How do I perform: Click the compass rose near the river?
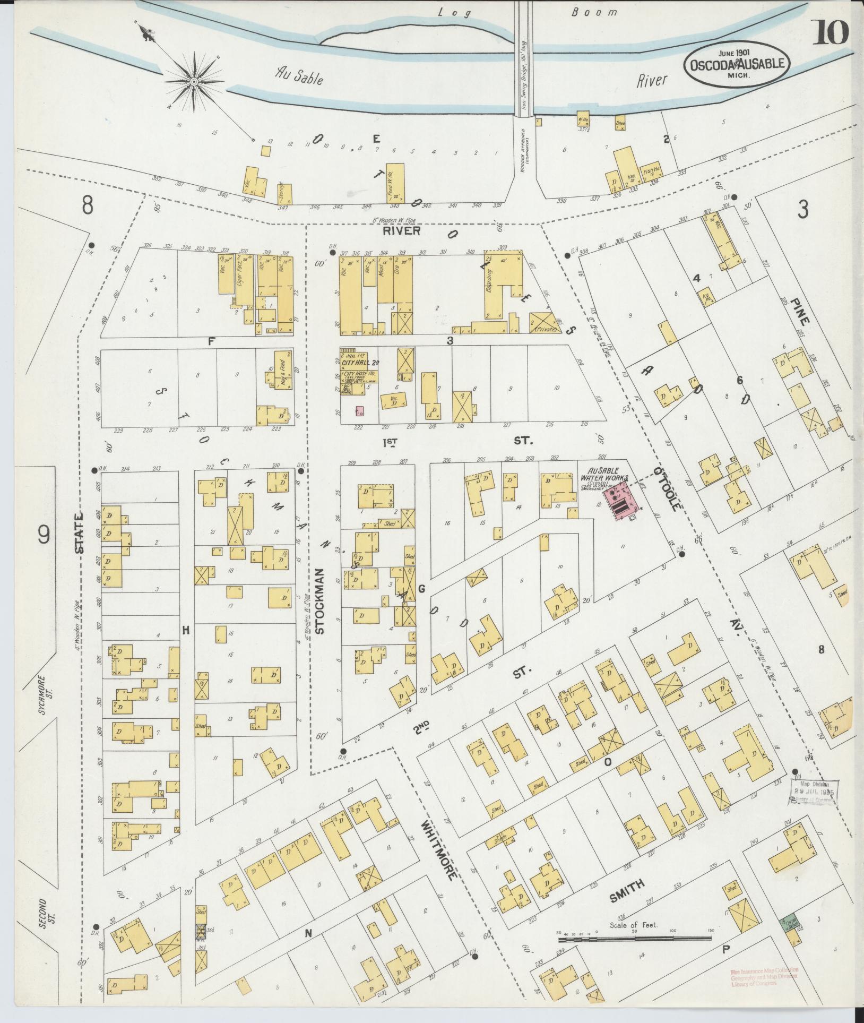click(x=194, y=81)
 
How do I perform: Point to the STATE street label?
click(x=79, y=533)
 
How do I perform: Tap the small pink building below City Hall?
click(x=360, y=410)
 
